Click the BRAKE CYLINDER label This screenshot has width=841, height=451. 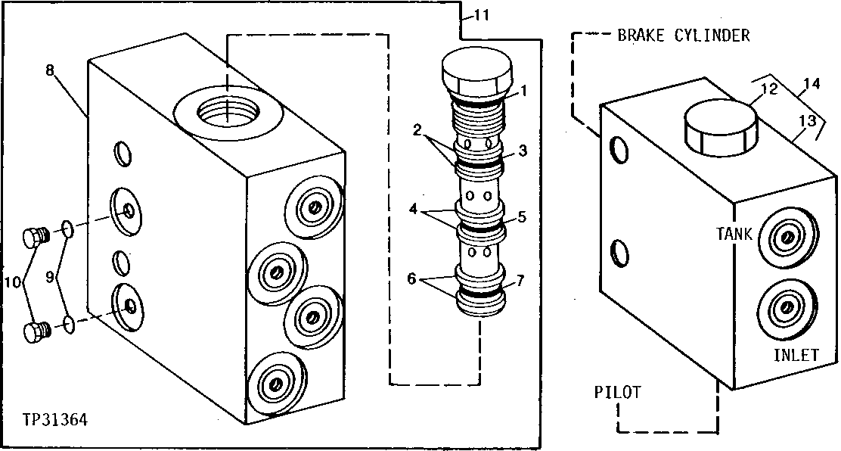[x=683, y=36]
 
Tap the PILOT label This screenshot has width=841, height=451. [x=617, y=392]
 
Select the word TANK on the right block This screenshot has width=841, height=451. [x=734, y=235]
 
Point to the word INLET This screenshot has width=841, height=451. [x=796, y=355]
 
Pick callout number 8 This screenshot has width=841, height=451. [x=50, y=70]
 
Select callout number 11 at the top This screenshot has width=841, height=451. [x=481, y=14]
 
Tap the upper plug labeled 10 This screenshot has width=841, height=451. [x=34, y=238]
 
